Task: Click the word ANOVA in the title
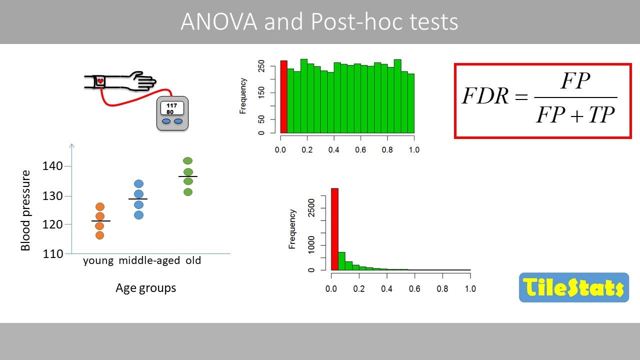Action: (x=219, y=21)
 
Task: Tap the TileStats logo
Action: (x=574, y=287)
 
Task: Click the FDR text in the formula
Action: (x=485, y=95)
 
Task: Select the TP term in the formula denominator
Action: (x=601, y=115)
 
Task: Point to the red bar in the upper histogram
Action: (x=283, y=97)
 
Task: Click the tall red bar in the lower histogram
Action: (x=334, y=229)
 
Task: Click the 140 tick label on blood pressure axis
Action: (x=52, y=166)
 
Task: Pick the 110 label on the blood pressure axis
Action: (x=53, y=253)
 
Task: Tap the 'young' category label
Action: (x=98, y=261)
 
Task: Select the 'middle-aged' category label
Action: (x=149, y=260)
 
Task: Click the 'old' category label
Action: (x=193, y=260)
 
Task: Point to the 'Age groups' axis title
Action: (x=145, y=288)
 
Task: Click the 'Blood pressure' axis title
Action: (x=25, y=210)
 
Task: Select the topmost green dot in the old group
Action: (x=187, y=161)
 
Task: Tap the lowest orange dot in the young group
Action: (x=99, y=235)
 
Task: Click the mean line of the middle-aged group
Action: (x=138, y=199)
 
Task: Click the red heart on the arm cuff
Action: (x=100, y=81)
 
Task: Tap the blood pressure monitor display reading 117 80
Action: (x=172, y=108)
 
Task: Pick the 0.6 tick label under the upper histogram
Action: (x=360, y=149)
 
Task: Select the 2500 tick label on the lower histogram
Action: (x=311, y=208)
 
